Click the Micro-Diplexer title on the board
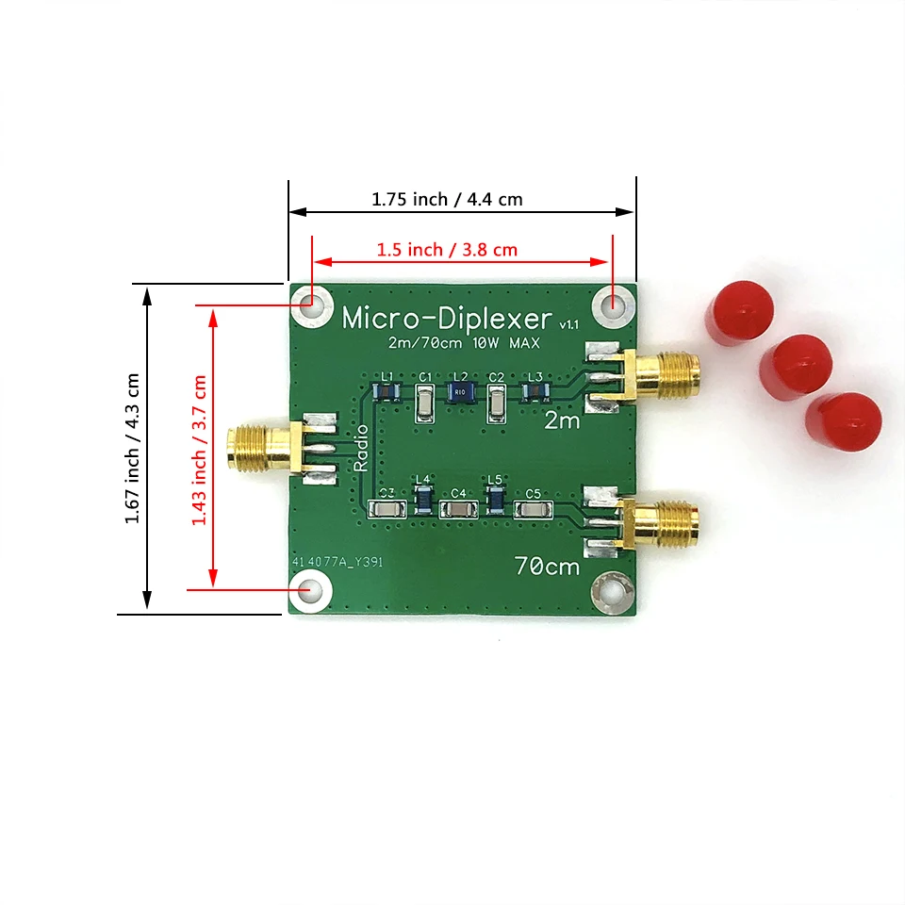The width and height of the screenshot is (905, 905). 447,318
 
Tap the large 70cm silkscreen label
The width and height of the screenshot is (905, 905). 547,568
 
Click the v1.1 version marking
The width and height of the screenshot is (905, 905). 568,324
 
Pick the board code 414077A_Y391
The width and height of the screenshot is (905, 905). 337,562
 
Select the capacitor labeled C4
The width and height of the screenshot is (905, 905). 458,510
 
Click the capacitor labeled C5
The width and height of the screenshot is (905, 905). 533,510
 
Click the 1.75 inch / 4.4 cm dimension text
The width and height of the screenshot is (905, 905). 446,199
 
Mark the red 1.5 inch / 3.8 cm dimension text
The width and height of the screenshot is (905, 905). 447,250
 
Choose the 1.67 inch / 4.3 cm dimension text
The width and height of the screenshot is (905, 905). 132,448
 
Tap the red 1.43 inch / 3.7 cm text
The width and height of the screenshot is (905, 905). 199,450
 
